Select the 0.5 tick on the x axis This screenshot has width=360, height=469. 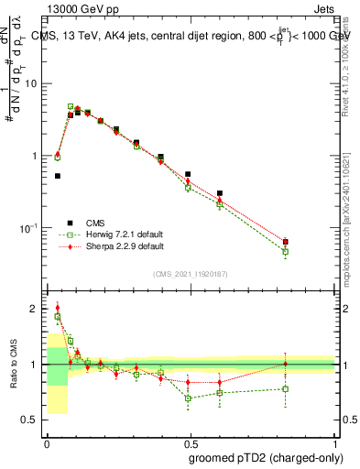click(x=191, y=443)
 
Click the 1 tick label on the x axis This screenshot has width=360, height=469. click(x=335, y=443)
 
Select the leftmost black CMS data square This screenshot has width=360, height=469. click(x=58, y=176)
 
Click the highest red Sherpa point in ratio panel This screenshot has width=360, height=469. click(x=58, y=308)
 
